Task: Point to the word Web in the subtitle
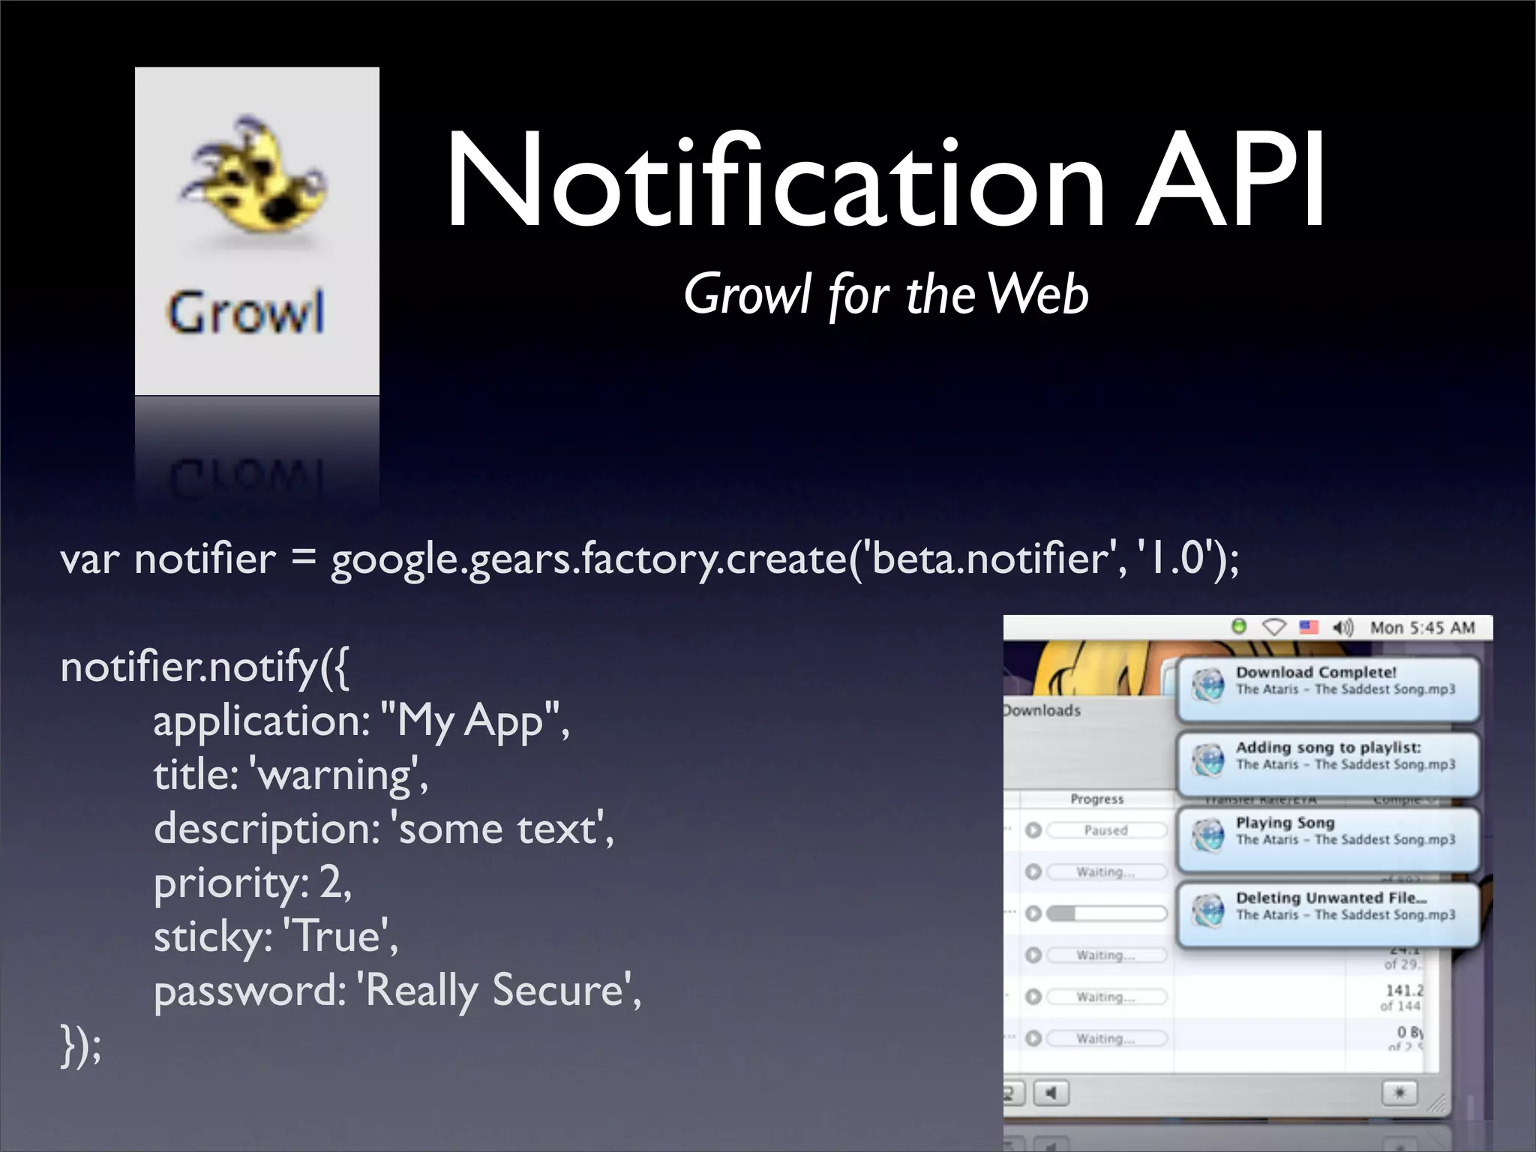pos(1038,294)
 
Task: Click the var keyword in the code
pos(89,559)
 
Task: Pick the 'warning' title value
pos(339,775)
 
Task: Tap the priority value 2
pos(331,883)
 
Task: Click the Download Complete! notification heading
pos(1316,672)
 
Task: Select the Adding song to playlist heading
pos(1328,747)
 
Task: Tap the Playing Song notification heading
pos(1285,823)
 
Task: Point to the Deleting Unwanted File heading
pos(1331,898)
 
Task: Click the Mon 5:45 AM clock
pos(1422,628)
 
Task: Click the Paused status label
pos(1106,830)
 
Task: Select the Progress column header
pos(1097,799)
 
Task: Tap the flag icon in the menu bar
pos(1309,627)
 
